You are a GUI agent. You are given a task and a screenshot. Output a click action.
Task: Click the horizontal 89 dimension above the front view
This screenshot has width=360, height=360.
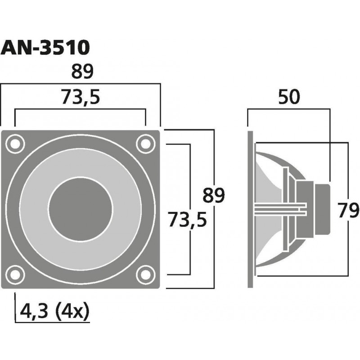click(82, 72)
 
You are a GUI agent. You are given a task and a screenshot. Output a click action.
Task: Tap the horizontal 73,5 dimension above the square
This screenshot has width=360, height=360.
click(81, 97)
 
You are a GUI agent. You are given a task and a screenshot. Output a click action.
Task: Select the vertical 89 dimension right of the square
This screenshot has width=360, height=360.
click(214, 195)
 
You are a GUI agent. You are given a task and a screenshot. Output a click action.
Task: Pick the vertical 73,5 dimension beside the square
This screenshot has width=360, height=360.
click(187, 220)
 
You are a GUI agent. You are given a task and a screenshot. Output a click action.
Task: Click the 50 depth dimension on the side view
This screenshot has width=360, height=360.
click(289, 97)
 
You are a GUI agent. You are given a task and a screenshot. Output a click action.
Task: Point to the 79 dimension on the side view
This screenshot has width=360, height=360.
click(348, 210)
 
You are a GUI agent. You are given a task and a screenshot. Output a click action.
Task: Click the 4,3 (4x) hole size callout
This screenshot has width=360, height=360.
click(54, 311)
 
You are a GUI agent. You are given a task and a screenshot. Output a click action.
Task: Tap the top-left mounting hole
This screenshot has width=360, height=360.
click(15, 144)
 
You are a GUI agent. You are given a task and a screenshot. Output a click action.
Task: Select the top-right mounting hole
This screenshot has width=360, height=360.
click(145, 144)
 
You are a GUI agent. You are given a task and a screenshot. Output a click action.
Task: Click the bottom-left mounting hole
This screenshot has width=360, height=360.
click(15, 274)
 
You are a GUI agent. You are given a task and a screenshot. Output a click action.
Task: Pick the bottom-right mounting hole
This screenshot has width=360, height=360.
click(145, 274)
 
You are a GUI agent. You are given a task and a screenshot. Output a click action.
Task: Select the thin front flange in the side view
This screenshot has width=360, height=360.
click(250, 209)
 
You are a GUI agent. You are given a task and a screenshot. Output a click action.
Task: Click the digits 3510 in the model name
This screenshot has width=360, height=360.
click(65, 48)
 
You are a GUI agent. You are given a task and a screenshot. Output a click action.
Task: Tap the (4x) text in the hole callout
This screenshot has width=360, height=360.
click(72, 311)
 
